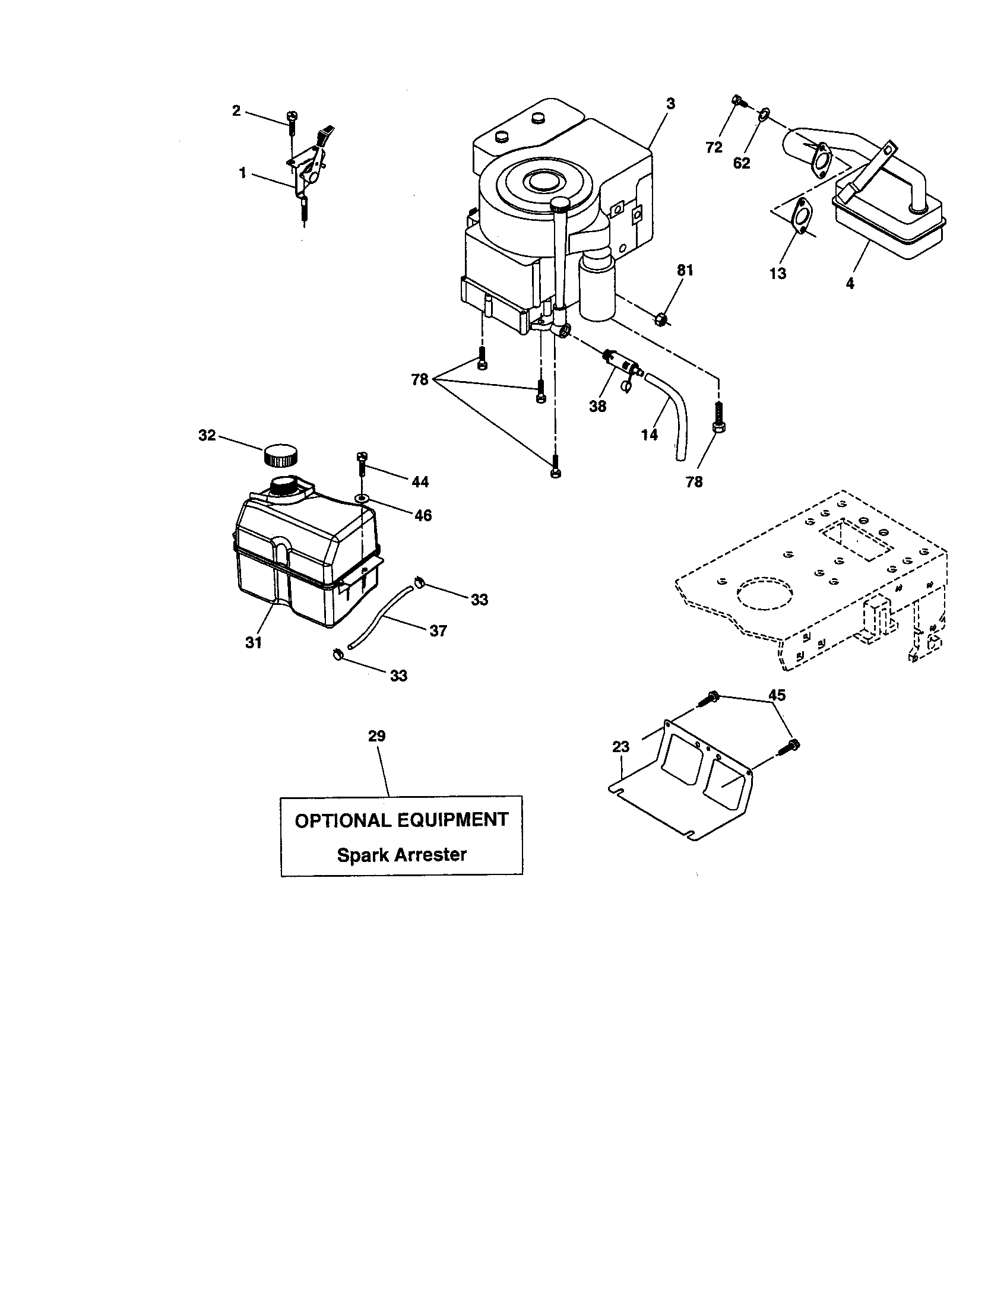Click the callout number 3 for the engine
[670, 103]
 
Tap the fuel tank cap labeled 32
[279, 455]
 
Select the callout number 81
[685, 271]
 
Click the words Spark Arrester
[401, 854]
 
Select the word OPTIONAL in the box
[342, 820]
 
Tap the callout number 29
[376, 736]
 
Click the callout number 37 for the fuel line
[438, 631]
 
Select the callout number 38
[597, 406]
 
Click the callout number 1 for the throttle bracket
[242, 173]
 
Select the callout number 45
[777, 695]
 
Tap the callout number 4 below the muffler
[850, 283]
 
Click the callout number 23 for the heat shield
[621, 746]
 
